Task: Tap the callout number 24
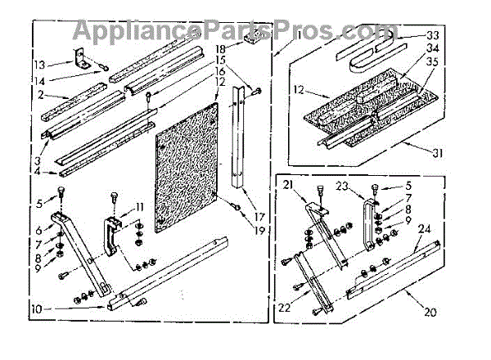coord(426,230)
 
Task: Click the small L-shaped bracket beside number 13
coord(83,58)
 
